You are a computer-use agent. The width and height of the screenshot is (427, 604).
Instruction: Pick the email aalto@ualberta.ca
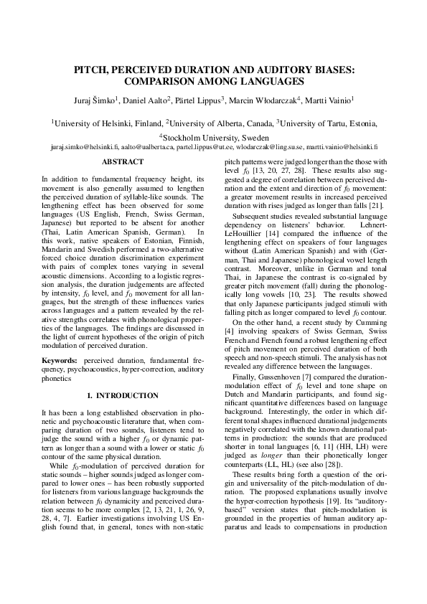coord(147,146)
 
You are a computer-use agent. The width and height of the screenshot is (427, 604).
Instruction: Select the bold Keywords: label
coord(60,357)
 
